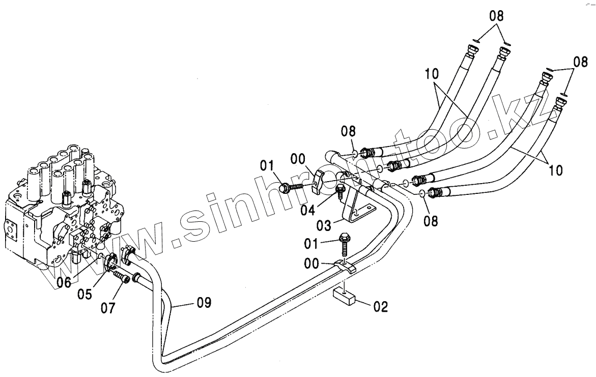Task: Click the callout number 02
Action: (x=381, y=306)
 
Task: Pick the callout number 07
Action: (x=108, y=308)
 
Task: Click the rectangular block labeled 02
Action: (x=345, y=297)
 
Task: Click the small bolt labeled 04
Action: (x=341, y=191)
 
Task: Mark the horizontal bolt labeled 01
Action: (x=288, y=188)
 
